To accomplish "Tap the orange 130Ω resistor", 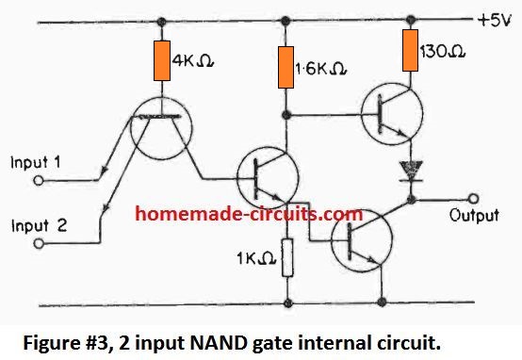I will click(410, 51).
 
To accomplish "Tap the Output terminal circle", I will click(475, 199).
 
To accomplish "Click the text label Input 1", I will click(35, 162).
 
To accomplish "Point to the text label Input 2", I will click(35, 225).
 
